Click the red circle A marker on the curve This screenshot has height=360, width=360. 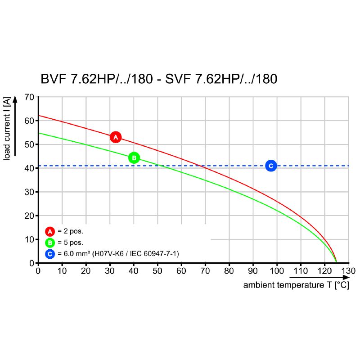click(116, 137)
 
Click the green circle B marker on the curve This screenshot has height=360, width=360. click(134, 158)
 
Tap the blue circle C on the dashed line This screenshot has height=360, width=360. click(270, 166)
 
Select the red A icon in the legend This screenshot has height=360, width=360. click(50, 232)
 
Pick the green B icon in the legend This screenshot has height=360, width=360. click(50, 243)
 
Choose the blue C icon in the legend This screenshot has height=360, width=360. click(50, 254)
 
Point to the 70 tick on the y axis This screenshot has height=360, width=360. click(29, 97)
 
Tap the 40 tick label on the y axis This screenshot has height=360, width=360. click(29, 168)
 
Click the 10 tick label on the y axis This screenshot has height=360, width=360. click(29, 239)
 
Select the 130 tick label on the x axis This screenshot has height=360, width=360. click(348, 271)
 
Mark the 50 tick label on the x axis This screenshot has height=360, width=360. click(157, 271)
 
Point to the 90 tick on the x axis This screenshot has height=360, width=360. click(253, 271)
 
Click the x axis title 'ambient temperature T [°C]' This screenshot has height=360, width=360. click(296, 285)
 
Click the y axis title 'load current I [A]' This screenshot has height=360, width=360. click(8, 129)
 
